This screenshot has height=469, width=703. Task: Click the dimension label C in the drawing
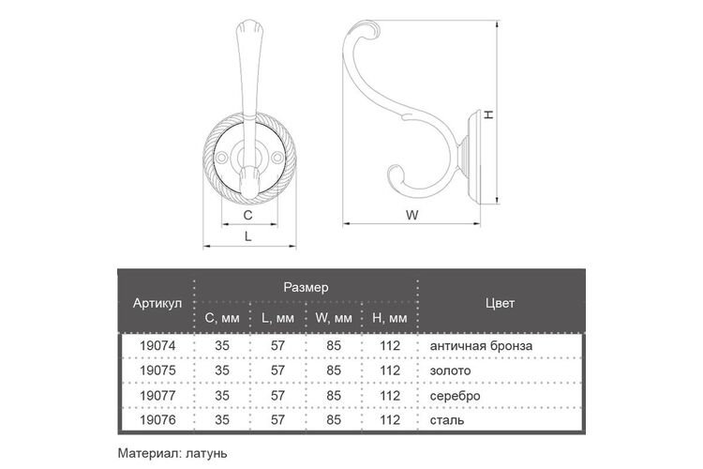pos(247,215)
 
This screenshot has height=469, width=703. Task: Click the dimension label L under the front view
pos(247,236)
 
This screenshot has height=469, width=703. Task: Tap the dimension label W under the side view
pos(412,215)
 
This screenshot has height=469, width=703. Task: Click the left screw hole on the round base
pos(221,157)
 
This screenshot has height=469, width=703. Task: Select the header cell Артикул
pos(157,303)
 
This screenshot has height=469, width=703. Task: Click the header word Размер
pos(306,287)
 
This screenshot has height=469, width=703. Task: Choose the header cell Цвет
pos(500,303)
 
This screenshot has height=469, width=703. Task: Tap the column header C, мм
pos(222,318)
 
